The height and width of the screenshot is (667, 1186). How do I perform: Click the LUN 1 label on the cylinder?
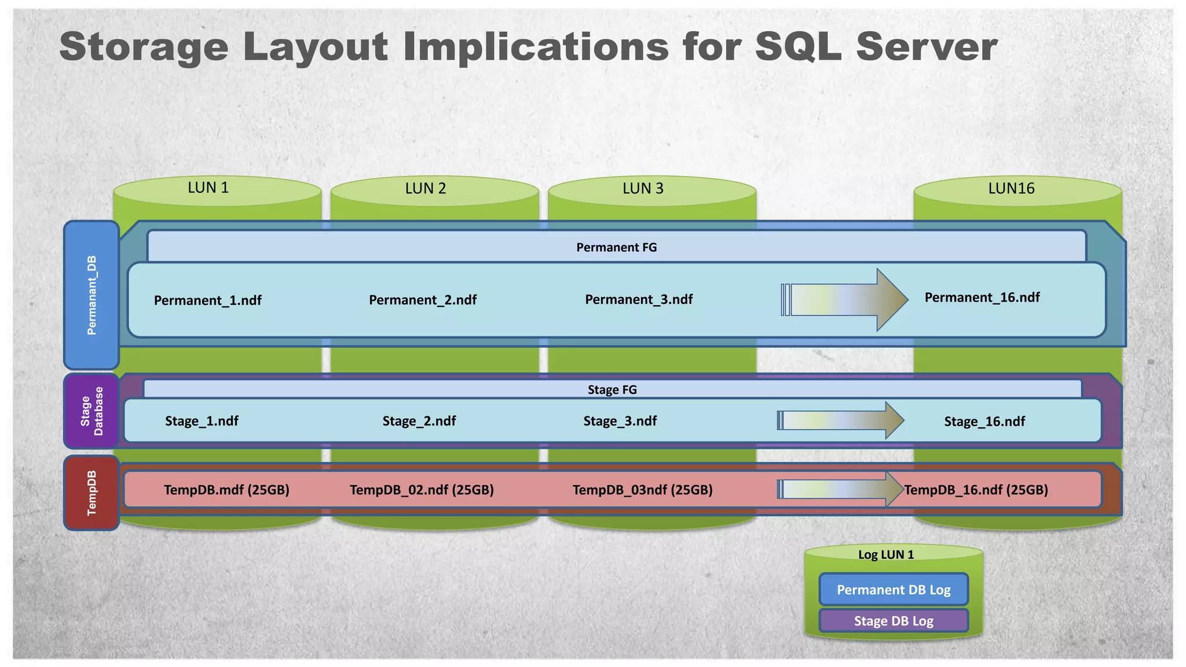208,188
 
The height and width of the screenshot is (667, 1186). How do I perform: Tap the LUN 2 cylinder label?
426,188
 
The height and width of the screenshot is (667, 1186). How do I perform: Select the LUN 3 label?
643,188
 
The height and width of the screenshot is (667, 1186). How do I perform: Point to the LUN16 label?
1011,188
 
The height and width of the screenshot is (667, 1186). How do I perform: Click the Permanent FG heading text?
616,247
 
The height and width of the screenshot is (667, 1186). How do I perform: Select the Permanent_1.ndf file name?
207,300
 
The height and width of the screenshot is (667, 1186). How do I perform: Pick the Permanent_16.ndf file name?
982,298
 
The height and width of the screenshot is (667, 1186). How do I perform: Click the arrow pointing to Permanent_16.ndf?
845,300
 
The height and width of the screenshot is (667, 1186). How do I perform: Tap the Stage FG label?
612,390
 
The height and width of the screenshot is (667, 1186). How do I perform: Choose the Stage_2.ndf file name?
419,421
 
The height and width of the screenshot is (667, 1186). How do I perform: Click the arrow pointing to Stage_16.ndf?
840,420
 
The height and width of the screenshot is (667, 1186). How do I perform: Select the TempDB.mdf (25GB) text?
226,490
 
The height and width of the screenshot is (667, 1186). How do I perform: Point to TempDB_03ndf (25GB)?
642,490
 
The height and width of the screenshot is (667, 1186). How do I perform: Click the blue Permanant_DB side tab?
91,295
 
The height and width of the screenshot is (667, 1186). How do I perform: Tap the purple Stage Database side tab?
91,411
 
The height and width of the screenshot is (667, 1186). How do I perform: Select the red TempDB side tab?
91,493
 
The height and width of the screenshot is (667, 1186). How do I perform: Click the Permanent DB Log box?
894,590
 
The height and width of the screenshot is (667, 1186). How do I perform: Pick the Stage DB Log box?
894,621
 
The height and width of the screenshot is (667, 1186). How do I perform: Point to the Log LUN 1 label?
885,555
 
